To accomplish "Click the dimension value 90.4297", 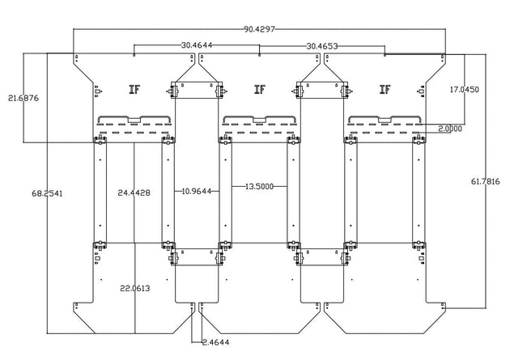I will pos(258,29).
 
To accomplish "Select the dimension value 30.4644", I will pos(197,46).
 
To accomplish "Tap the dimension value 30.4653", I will pos(321,46).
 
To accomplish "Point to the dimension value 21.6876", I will pos(24,97).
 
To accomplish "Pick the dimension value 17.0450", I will pos(464,90).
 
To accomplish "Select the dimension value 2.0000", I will pos(450,129).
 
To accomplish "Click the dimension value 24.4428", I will pos(134,193).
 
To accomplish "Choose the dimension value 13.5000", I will pos(259,186).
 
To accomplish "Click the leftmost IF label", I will pos(134,89).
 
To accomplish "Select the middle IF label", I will pos(259,89).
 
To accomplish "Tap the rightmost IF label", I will pos(384,89).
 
